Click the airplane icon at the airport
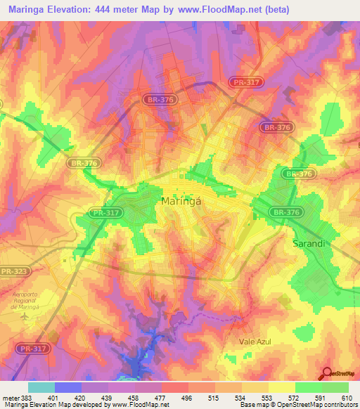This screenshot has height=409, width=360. pos(25,316)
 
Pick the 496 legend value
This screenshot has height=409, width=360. pos(186,397)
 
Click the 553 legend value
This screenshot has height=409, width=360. pos(266,397)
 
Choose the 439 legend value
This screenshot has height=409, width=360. pos(108,397)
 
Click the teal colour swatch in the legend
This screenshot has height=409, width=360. pos(41,387)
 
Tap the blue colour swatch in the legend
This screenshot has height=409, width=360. pos(67,387)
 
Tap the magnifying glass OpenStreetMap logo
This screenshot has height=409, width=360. pos(329,373)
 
